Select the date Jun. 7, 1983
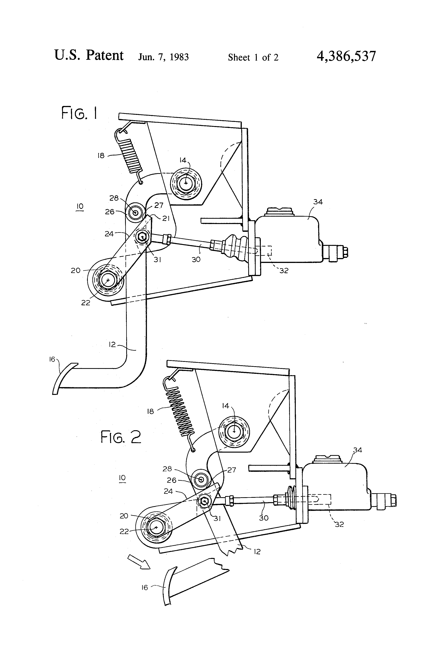[x=163, y=57]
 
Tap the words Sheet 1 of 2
[x=253, y=57]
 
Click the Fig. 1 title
[x=79, y=113]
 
